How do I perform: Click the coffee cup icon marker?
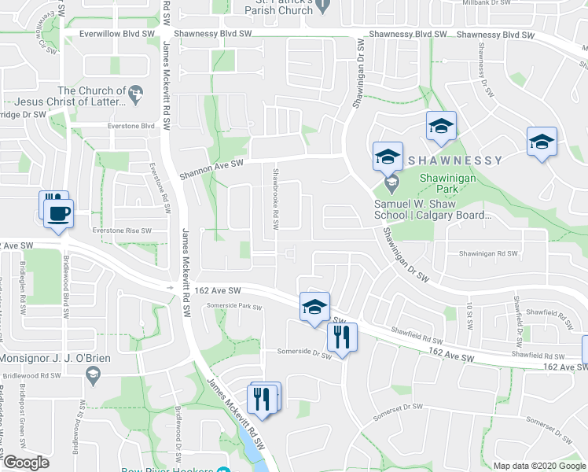pos(57,213)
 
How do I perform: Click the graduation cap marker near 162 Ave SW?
pos(314,308)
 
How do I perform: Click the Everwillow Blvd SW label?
pos(115,35)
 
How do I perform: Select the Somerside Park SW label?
pos(237,306)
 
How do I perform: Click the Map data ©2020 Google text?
pos(539,466)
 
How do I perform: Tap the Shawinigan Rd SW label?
pos(488,253)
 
